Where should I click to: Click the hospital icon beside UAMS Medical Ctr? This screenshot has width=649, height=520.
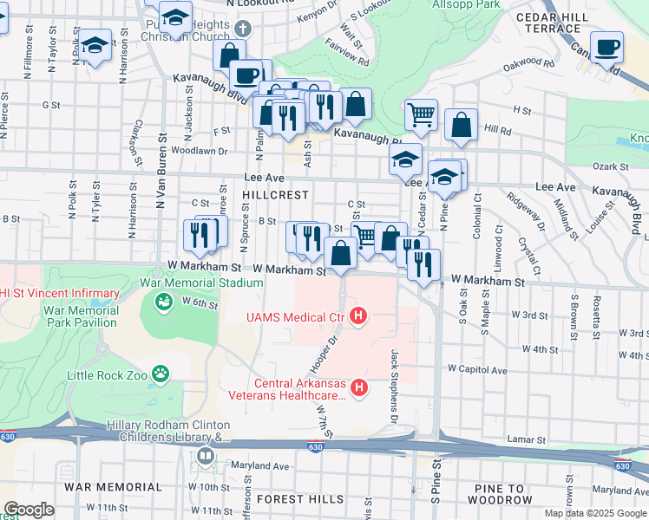[357, 318]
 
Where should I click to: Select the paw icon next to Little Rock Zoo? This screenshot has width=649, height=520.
[160, 374]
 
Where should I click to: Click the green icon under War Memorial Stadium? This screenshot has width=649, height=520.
[162, 302]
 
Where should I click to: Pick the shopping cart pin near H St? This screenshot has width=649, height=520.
[421, 114]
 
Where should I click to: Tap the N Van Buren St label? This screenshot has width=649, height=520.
[161, 198]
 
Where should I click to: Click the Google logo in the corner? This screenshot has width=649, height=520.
[29, 510]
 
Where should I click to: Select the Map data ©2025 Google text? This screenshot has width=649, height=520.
[595, 513]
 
